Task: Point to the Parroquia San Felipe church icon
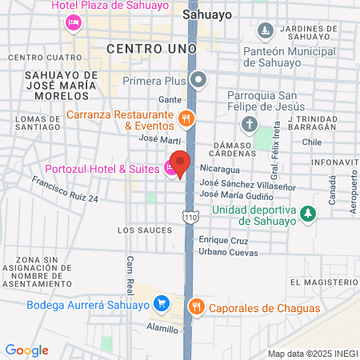[250, 124]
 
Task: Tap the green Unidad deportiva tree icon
[307, 212]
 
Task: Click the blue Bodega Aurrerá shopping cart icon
[162, 304]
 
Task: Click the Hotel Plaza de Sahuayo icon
[74, 21]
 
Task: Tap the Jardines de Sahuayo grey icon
[266, 31]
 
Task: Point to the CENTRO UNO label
[151, 50]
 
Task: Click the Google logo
[26, 350]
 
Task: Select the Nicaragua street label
[219, 169]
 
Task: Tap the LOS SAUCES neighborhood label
[144, 230]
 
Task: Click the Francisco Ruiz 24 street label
[65, 189]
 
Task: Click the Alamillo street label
[163, 328]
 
